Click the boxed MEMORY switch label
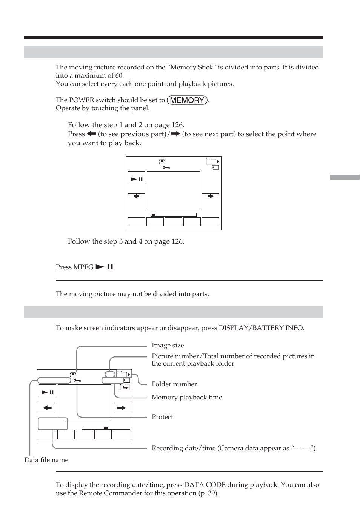187,100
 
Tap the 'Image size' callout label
168,345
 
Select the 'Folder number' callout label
174,384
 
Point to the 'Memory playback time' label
187,397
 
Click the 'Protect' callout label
162,417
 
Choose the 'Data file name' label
46,460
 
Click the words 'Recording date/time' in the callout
181,448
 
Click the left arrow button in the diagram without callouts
137,196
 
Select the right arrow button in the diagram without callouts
210,196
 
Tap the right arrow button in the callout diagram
121,408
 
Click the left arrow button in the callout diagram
48,408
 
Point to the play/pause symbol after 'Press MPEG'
105,267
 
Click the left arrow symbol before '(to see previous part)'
91,134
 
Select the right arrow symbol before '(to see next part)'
175,134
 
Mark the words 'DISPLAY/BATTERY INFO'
261,328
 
